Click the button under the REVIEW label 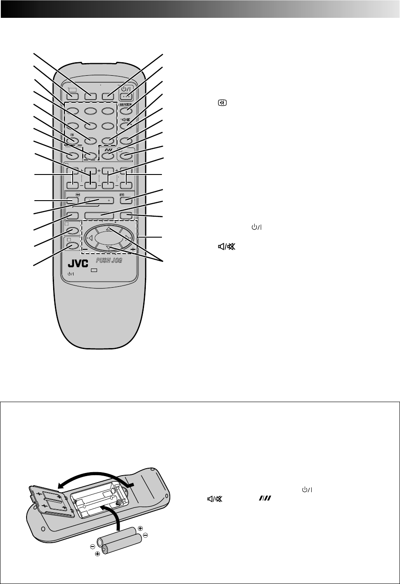click(x=126, y=111)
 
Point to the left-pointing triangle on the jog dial click(x=91, y=238)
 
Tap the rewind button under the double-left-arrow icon click(x=73, y=201)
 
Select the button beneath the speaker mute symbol click(x=126, y=126)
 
